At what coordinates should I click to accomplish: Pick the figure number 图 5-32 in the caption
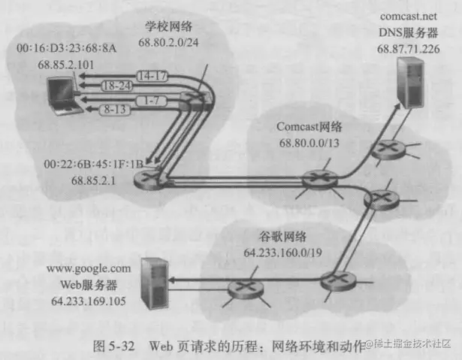(117, 345)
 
